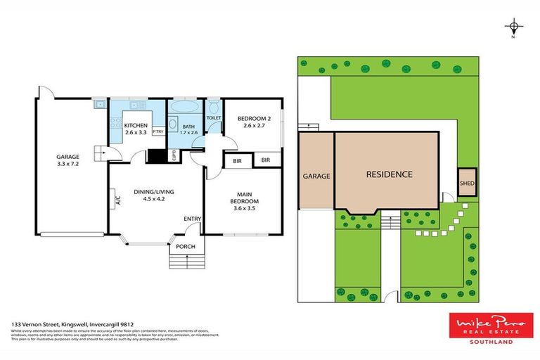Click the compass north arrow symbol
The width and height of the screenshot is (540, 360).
coord(515,27)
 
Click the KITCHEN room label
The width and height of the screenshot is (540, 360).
coord(136,126)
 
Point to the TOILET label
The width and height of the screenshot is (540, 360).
coord(214,118)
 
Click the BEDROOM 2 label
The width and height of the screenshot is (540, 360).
coord(250,117)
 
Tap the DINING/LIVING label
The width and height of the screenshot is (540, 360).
coord(154,192)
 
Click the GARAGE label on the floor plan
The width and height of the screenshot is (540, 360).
coord(68,157)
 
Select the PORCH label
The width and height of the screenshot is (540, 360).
coord(186,246)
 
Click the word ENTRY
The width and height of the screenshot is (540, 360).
coord(193,219)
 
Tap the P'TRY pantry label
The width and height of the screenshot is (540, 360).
coord(157,131)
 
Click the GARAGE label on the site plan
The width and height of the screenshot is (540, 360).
coord(316,176)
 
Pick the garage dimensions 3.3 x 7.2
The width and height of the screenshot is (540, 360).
coord(68,165)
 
